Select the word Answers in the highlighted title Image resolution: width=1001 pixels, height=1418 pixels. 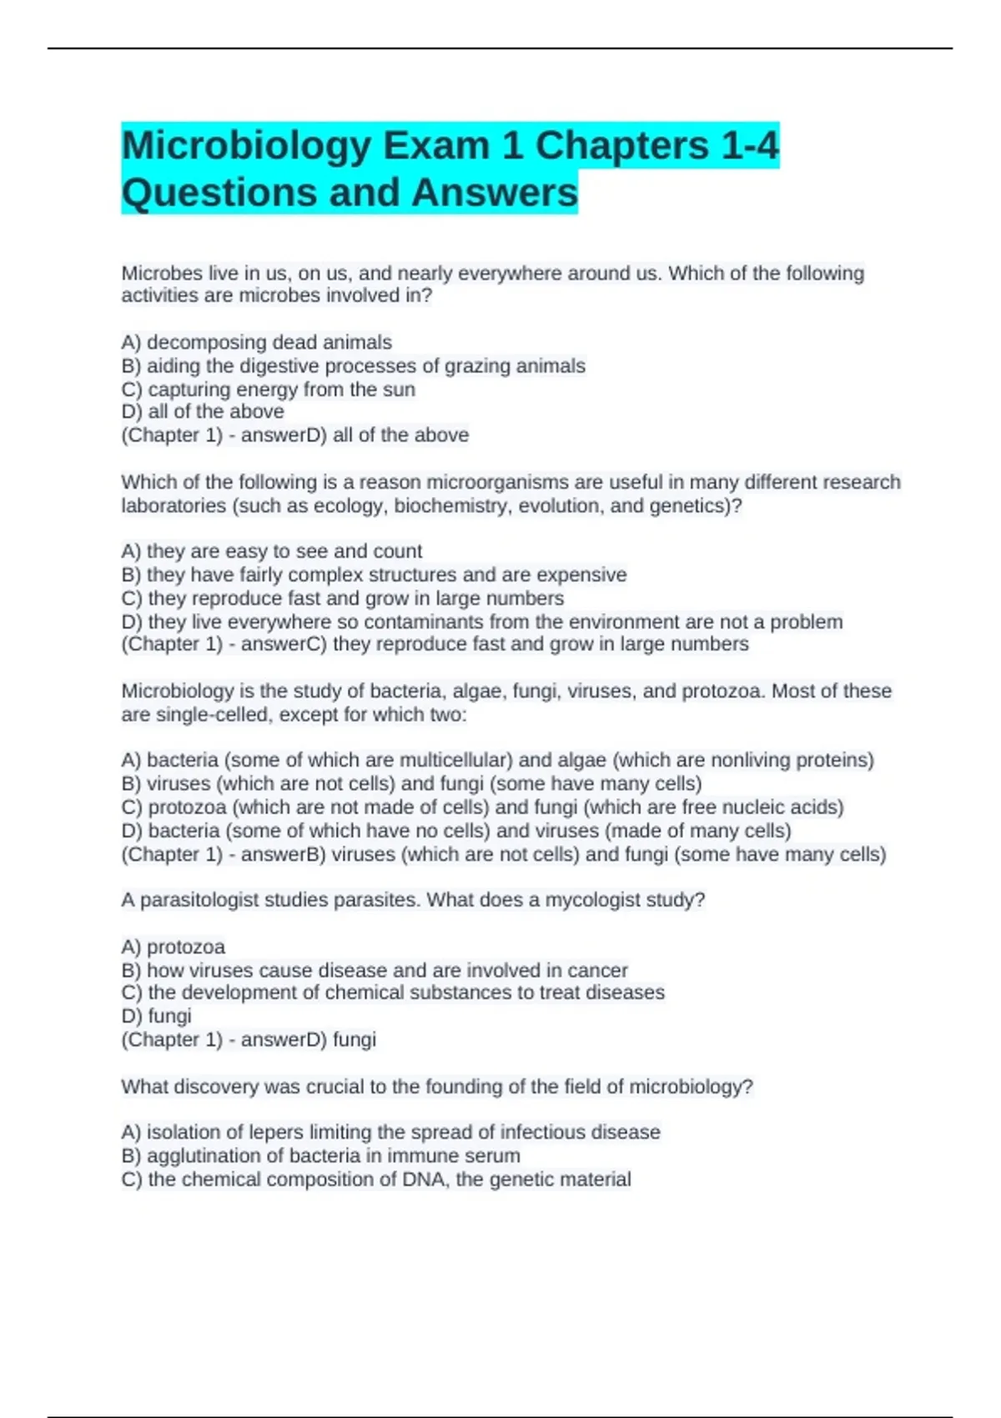click(494, 192)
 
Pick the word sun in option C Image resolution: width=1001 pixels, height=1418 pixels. click(398, 390)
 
